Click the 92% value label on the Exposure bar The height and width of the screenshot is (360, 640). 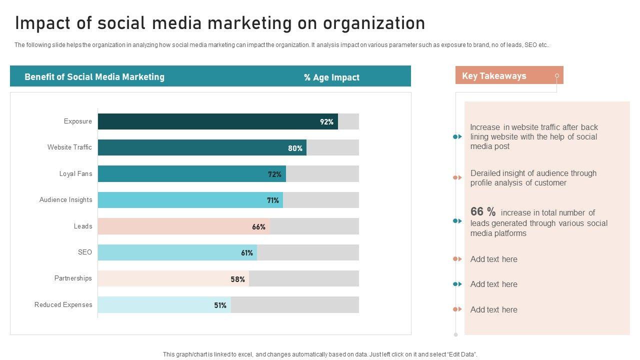[x=326, y=121]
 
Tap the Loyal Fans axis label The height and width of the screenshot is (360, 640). [x=75, y=173]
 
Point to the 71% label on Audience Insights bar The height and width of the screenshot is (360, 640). [x=272, y=200]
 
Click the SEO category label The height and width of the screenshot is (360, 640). [x=85, y=252]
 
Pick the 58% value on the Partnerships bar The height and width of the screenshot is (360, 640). [x=237, y=279]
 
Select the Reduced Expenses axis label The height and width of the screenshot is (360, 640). [x=63, y=304]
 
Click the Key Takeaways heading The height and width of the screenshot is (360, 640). [x=494, y=75]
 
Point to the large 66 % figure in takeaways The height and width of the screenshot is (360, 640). [x=483, y=211]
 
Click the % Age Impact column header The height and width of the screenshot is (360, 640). [x=331, y=77]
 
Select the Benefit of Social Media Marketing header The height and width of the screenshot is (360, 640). [x=94, y=76]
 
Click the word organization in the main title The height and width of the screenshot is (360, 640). [x=374, y=23]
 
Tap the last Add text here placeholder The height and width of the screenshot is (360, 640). [x=493, y=309]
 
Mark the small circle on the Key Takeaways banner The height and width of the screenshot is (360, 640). [x=556, y=76]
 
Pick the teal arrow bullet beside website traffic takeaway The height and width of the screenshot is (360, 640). [x=457, y=136]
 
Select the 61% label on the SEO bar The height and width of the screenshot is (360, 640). [x=246, y=252]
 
